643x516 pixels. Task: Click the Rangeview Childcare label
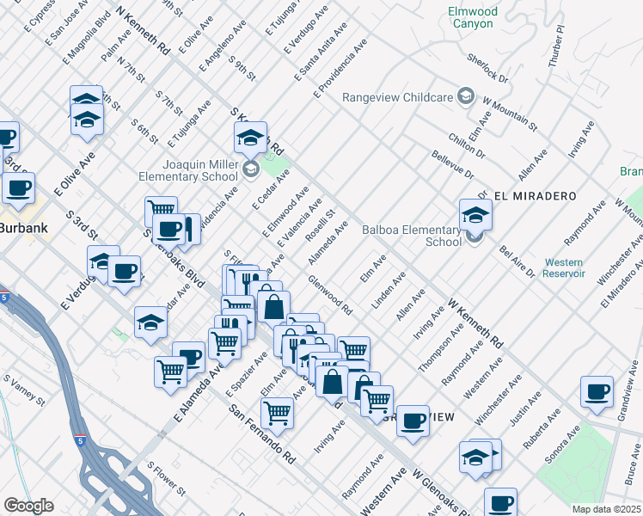pos(397,97)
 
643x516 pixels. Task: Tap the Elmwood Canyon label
pos(471,17)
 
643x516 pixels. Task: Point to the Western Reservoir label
pos(564,267)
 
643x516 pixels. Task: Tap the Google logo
pos(28,506)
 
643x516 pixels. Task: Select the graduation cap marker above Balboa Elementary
pos(475,214)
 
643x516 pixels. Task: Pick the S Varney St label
pos(24,390)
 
